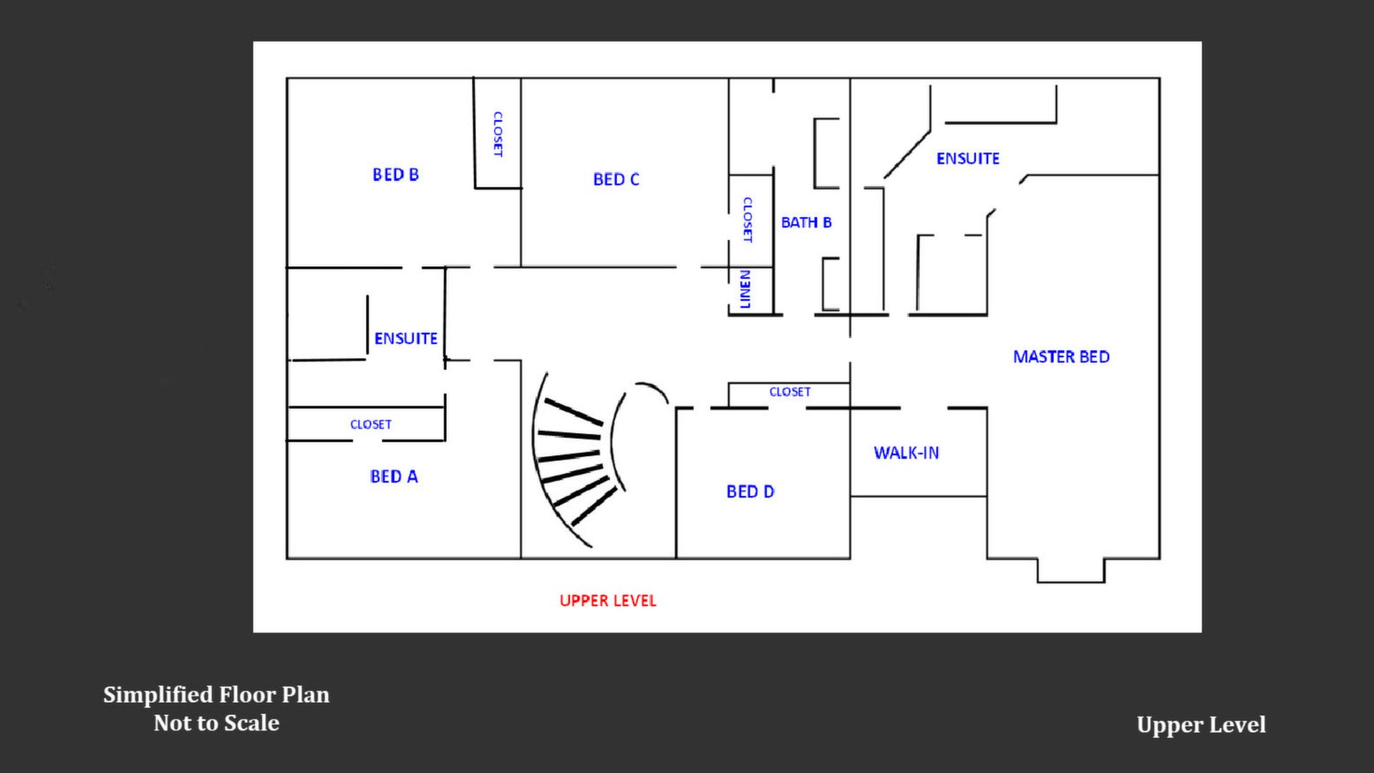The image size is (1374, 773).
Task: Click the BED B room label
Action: [x=395, y=175]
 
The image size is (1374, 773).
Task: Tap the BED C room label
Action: [x=616, y=180]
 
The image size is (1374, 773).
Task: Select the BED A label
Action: [x=394, y=477]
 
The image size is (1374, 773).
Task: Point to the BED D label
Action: [x=750, y=492]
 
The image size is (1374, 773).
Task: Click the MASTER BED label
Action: [x=1061, y=356]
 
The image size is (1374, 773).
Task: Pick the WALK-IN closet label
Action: [x=906, y=452]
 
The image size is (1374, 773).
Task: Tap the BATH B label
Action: [x=806, y=223]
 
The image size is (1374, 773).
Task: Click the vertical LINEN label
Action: [x=745, y=289]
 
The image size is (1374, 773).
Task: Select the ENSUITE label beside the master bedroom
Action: [x=968, y=158]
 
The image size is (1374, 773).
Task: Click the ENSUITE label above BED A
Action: [x=406, y=338]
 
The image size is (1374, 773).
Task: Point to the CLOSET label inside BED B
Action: [x=498, y=134]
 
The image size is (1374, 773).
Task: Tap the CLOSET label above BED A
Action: [x=371, y=424]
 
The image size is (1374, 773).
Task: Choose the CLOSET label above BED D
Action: [x=790, y=392]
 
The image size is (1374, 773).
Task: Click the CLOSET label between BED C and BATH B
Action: [x=748, y=220]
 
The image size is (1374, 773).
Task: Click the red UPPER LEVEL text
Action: [x=608, y=601]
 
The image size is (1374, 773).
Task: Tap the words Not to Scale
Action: [x=216, y=723]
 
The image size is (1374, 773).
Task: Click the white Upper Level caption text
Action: [x=1201, y=725]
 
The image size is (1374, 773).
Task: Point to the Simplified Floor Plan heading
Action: [x=216, y=694]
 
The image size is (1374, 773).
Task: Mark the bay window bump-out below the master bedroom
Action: [x=1071, y=570]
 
